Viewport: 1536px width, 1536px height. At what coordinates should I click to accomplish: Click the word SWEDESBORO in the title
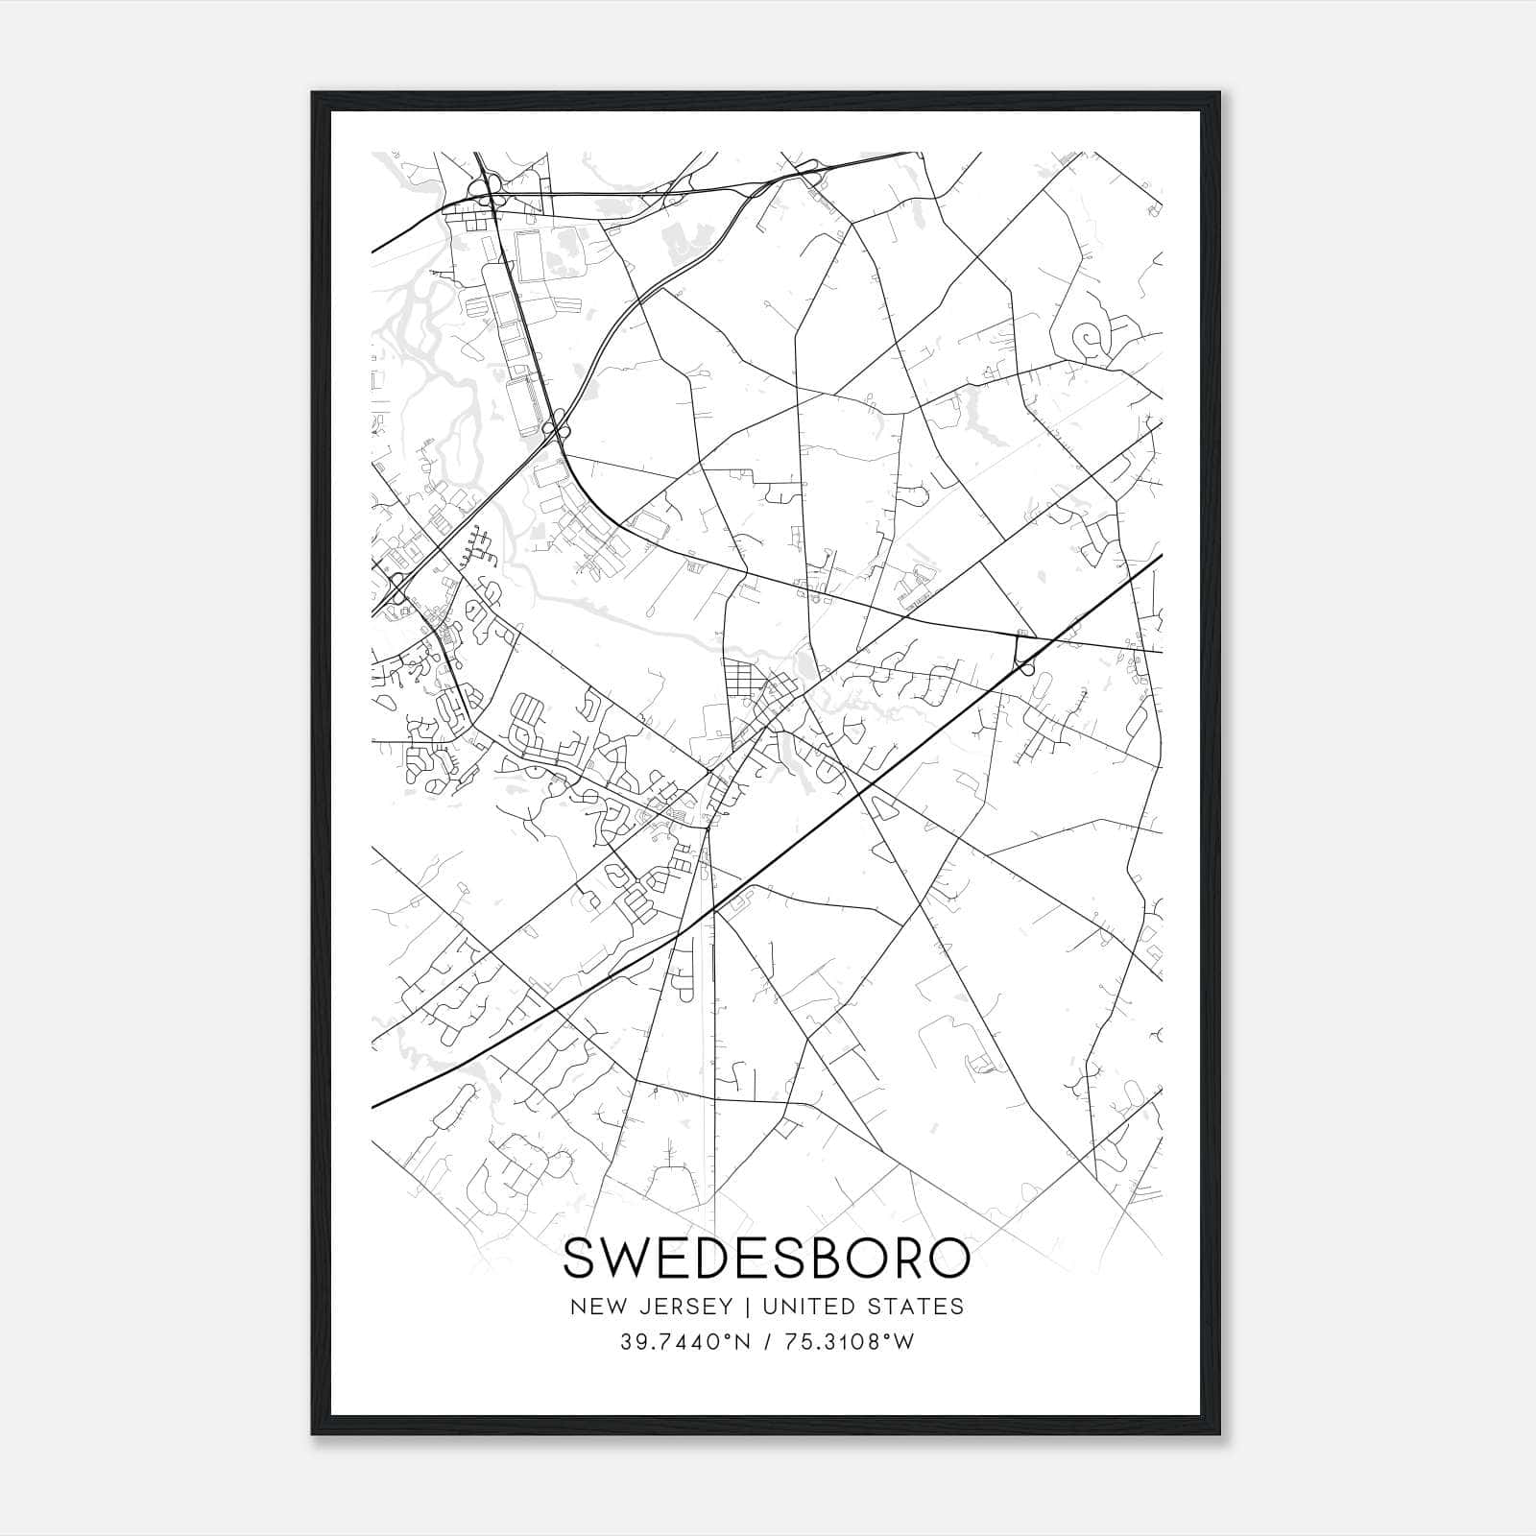tap(765, 1258)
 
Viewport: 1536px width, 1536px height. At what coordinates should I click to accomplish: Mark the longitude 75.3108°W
tap(850, 1342)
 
